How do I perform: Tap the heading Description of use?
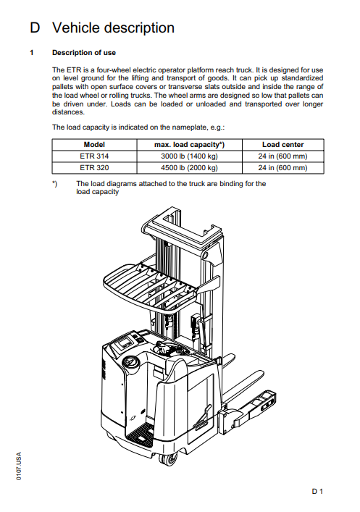click(84, 53)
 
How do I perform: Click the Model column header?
click(94, 145)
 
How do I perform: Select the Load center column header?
click(283, 145)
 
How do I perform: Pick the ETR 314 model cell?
click(94, 156)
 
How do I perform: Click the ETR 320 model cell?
click(94, 168)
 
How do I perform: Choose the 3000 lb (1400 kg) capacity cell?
click(189, 156)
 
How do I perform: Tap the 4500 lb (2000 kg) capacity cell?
click(189, 168)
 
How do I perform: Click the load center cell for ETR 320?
click(283, 168)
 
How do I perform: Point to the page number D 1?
click(317, 492)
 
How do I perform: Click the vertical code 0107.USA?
click(19, 466)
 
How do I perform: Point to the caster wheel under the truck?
click(168, 459)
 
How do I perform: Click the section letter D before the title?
click(35, 28)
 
